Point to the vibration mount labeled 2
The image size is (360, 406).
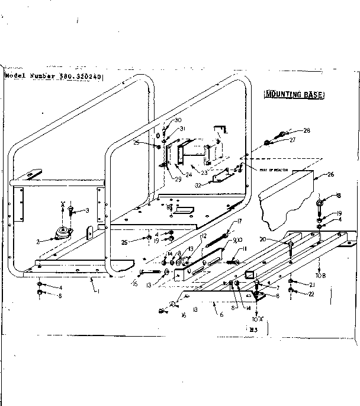tap(60, 232)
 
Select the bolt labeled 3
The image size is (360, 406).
tap(71, 210)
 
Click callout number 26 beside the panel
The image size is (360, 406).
tap(330, 174)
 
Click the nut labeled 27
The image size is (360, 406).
tap(268, 142)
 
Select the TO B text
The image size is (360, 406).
tap(321, 277)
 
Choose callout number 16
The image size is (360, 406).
tap(184, 316)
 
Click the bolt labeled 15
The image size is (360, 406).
tap(151, 273)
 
